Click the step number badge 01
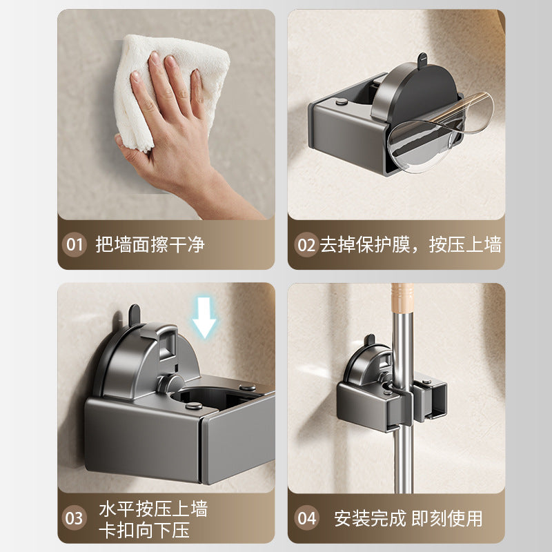tap(74, 244)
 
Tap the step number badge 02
tap(305, 244)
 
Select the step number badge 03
tap(74, 518)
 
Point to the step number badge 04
tap(305, 518)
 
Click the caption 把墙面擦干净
tap(150, 244)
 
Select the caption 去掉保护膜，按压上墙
tap(410, 244)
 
